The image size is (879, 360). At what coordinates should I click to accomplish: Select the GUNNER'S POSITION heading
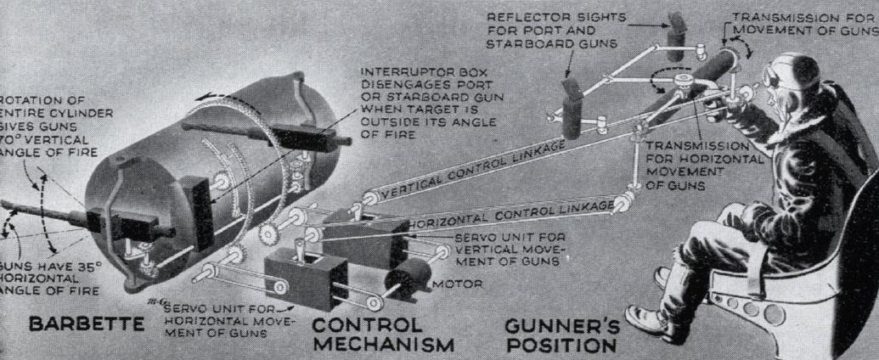click(x=559, y=335)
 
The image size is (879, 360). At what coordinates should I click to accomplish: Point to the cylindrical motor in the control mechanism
click(x=407, y=281)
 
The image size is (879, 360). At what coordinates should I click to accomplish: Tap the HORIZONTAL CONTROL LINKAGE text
click(x=510, y=213)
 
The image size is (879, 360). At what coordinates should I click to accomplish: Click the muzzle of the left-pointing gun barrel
click(x=5, y=205)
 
